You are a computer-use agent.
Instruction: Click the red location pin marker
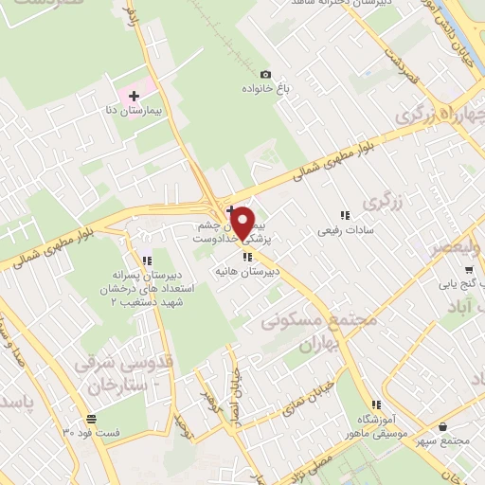click(x=243, y=224)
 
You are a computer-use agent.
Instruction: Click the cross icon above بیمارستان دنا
click(x=134, y=96)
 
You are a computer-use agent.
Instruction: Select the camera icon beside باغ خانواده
click(x=265, y=75)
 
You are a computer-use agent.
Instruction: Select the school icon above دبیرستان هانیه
click(x=248, y=256)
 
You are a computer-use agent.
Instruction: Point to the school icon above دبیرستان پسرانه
click(x=146, y=260)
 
